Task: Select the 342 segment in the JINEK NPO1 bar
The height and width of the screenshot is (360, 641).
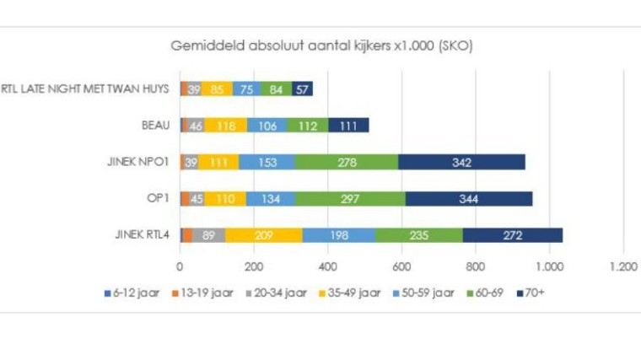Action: pos(461,162)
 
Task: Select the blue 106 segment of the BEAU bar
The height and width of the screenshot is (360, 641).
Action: pos(269,126)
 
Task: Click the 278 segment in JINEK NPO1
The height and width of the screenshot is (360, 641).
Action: pos(347,162)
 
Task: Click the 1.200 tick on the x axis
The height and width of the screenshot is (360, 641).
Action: pos(623,266)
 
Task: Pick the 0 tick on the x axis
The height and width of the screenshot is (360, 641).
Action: pos(180,266)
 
